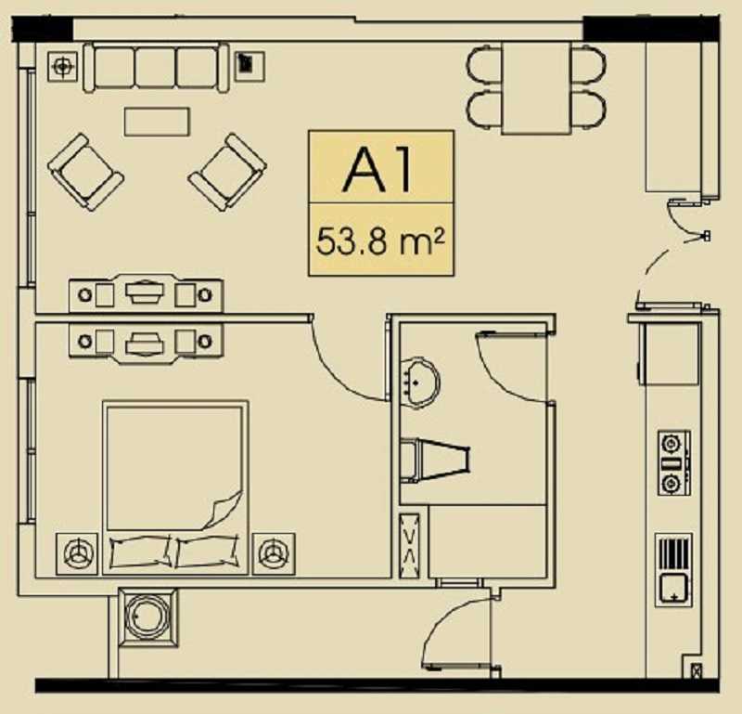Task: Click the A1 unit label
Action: click(x=377, y=169)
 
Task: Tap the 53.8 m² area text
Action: click(x=380, y=241)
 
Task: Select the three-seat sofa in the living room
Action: click(x=156, y=67)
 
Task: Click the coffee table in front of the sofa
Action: click(x=157, y=122)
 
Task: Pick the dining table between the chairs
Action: click(x=536, y=88)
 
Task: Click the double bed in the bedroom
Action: click(x=175, y=487)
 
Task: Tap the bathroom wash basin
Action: click(x=420, y=382)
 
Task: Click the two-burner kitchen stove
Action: click(x=674, y=463)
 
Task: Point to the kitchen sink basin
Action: click(x=674, y=589)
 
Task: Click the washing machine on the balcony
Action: click(x=148, y=617)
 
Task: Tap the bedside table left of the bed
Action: click(x=77, y=554)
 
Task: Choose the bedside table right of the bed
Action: click(x=274, y=554)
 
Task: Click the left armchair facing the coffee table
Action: click(x=85, y=172)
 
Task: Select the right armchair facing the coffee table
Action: click(x=227, y=172)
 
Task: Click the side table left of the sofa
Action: click(x=62, y=66)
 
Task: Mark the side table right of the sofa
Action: click(x=249, y=66)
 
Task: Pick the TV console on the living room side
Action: click(x=146, y=293)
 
